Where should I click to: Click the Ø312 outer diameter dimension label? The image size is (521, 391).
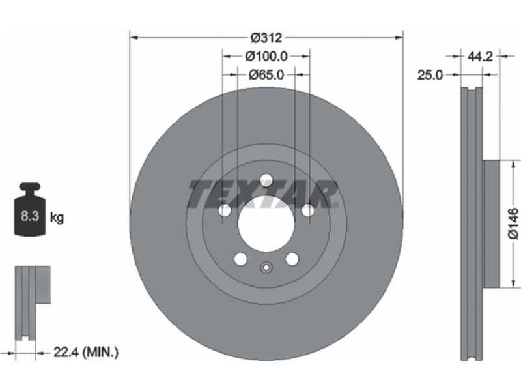(x=266, y=38)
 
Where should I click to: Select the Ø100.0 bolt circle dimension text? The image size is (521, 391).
(x=266, y=56)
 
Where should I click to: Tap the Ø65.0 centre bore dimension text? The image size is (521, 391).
(x=266, y=75)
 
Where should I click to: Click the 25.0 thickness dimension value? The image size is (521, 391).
(x=430, y=75)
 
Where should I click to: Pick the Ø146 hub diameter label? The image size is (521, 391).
(x=513, y=223)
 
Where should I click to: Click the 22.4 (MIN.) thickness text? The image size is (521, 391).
(x=86, y=352)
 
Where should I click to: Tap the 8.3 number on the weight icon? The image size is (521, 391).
(x=30, y=216)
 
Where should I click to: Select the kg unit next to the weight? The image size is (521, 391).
(x=57, y=218)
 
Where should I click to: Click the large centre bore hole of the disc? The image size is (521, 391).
(x=266, y=223)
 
